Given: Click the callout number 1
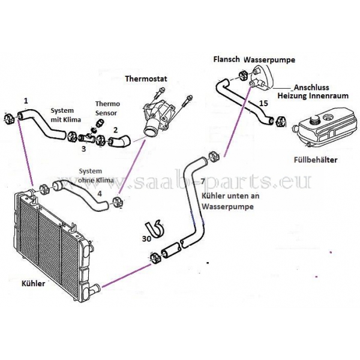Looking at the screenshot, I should click(x=25, y=100).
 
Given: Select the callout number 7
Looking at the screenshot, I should click(x=203, y=181).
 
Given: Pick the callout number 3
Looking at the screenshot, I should click(x=85, y=148).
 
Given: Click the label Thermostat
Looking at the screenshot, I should click(x=145, y=79).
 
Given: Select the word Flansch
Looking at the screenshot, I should click(x=227, y=59).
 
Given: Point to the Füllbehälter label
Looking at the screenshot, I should click(x=316, y=160).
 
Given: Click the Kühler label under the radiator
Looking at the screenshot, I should click(x=33, y=284).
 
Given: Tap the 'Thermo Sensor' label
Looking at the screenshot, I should click(x=107, y=108).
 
